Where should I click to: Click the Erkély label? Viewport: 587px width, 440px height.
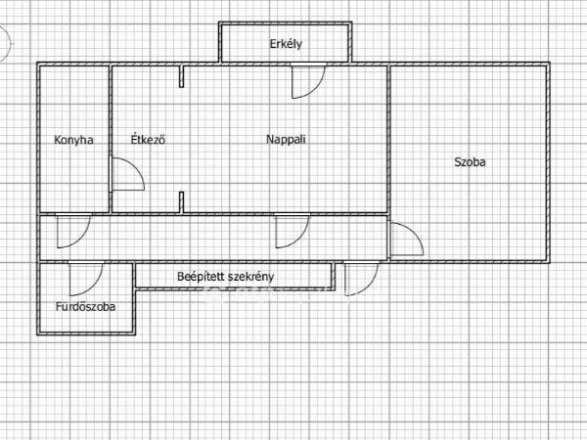point(286,44)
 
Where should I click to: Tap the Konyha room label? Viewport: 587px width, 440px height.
point(73,140)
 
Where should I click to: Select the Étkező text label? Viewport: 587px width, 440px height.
point(148,139)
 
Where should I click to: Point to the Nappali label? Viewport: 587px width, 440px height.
point(286,140)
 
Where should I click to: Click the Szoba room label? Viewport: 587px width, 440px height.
point(470,162)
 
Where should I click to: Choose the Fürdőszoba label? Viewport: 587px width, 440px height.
point(85,307)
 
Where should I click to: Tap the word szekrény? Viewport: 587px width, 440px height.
point(250,277)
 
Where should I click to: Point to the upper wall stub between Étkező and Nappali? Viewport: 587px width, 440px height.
point(182,76)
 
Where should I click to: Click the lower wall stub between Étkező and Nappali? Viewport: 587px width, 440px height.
point(182,202)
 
